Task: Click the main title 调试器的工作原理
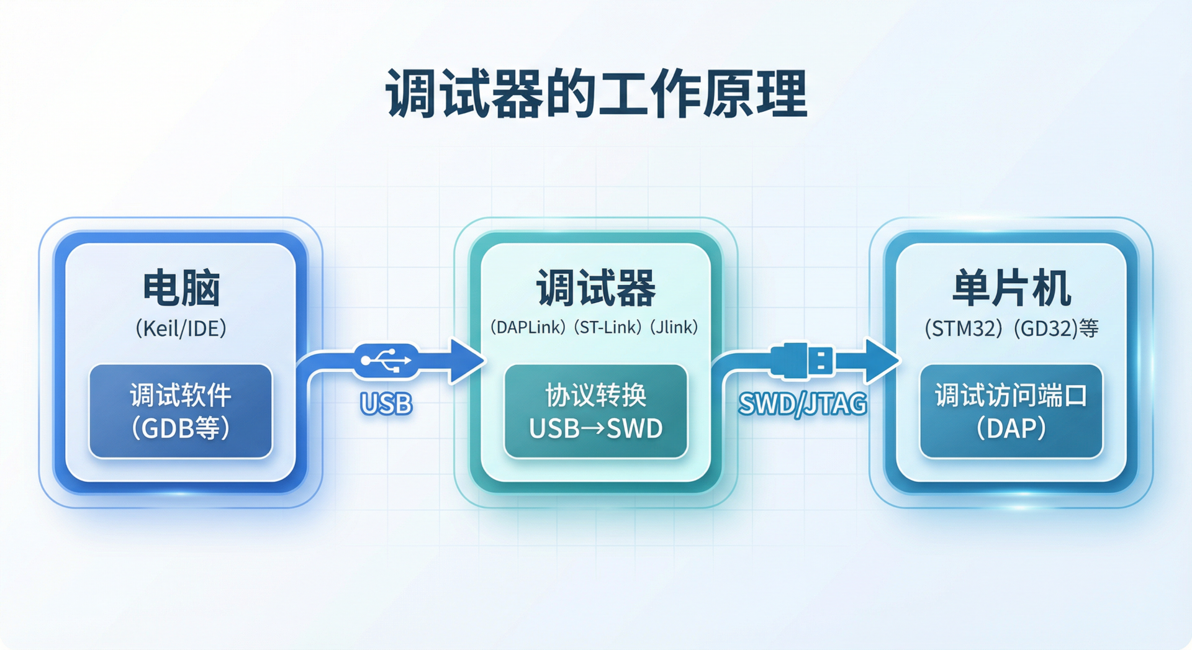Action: click(x=596, y=94)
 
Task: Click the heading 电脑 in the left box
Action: click(x=181, y=289)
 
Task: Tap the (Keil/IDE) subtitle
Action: click(x=181, y=328)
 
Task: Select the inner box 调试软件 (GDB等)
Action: click(x=181, y=411)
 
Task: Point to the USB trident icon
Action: click(x=386, y=360)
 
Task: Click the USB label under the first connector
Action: click(x=386, y=404)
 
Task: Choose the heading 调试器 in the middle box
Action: click(x=596, y=289)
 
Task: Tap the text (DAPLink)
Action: click(x=528, y=327)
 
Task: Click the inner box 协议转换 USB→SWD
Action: click(x=596, y=411)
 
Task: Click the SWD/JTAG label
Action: click(x=802, y=404)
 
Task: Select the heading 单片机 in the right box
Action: click(x=1011, y=289)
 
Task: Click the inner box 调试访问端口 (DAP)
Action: click(x=1011, y=411)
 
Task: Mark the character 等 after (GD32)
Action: click(x=1089, y=328)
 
